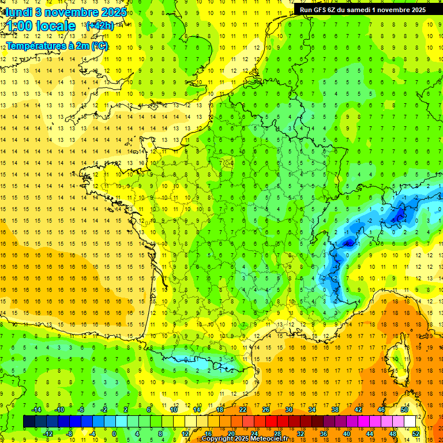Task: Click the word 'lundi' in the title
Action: point(19,12)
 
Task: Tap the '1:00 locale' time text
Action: point(41,26)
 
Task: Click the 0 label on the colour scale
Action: point(114,433)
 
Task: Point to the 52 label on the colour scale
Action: point(416,433)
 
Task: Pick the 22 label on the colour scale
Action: point(243,410)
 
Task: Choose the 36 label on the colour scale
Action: point(323,433)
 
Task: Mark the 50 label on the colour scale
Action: point(404,410)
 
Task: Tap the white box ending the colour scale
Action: point(410,421)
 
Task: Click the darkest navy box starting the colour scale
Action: point(29,421)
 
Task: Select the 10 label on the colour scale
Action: point(174,410)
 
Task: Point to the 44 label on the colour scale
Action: point(370,433)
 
